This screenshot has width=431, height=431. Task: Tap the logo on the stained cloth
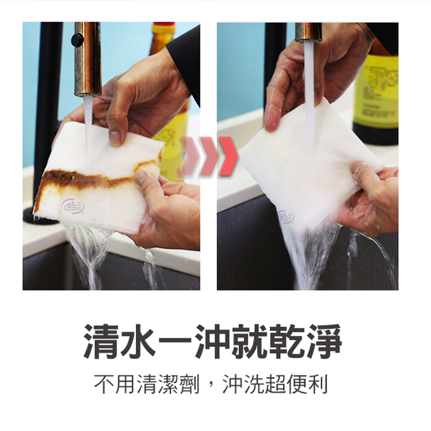click(73, 207)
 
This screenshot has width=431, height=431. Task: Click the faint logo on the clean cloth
click(286, 217)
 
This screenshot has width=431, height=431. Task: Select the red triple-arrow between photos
click(209, 156)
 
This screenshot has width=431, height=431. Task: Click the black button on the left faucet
click(77, 40)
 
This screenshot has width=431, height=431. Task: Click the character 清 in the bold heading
click(102, 341)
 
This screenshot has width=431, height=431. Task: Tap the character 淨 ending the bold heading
click(324, 341)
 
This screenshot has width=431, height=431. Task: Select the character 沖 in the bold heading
click(213, 341)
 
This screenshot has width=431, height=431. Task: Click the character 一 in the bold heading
click(176, 341)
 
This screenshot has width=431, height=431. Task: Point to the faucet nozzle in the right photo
click(308, 32)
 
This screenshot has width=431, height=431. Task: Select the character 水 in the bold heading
click(139, 341)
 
